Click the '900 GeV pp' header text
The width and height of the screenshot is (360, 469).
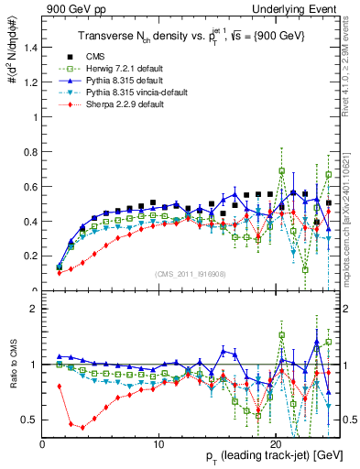71,8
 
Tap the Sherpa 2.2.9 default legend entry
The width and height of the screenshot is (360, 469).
125,104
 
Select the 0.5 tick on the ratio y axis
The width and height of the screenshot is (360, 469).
29,420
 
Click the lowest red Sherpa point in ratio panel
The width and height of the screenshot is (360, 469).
83,427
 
